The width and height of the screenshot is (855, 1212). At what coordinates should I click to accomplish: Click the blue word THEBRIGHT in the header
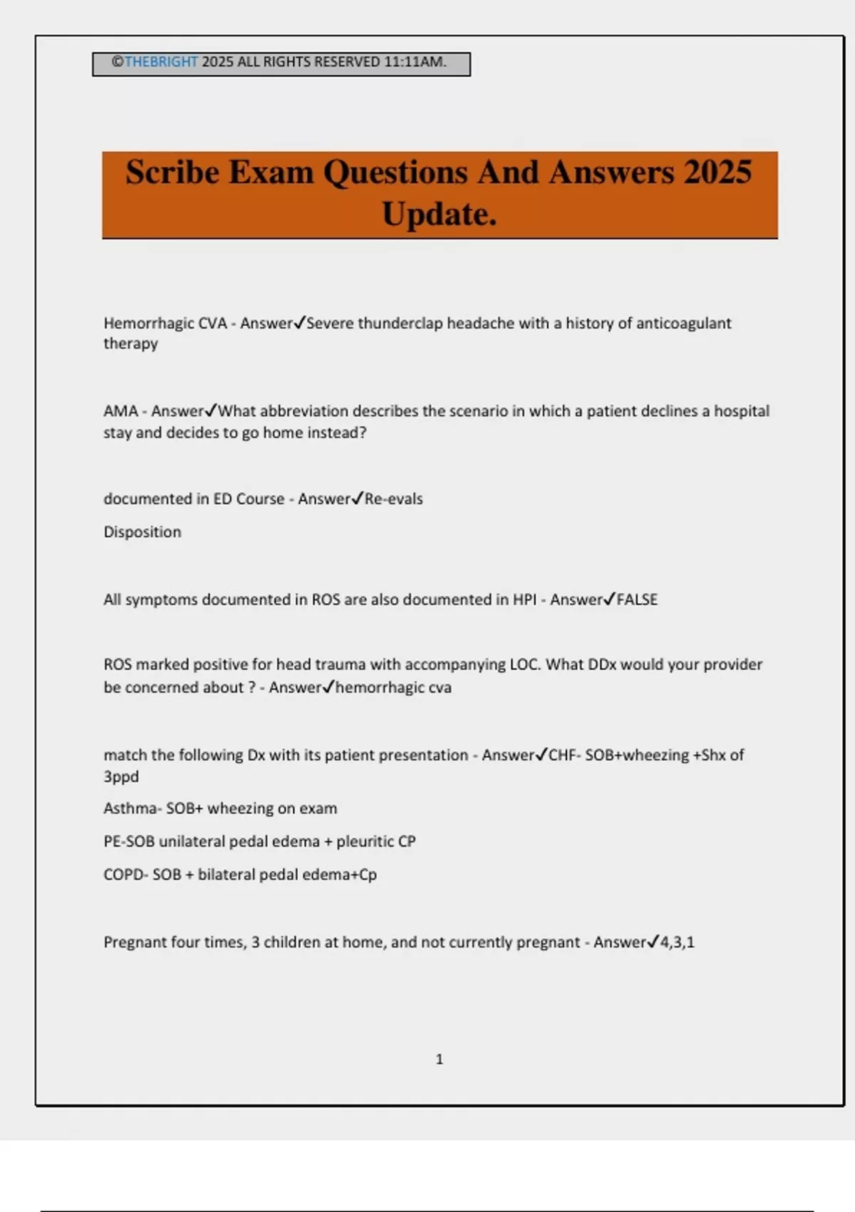[161, 62]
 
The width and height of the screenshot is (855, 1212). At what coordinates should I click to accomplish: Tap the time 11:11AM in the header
[415, 62]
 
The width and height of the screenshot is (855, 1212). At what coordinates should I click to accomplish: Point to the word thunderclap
[400, 324]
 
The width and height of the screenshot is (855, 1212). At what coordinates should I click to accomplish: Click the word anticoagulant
[683, 324]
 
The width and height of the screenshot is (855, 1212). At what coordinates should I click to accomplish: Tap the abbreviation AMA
[120, 411]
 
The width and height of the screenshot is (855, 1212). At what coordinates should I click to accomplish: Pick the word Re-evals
[394, 499]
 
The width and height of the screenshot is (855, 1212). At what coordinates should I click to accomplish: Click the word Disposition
[142, 532]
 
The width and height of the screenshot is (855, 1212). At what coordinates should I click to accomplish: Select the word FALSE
[637, 600]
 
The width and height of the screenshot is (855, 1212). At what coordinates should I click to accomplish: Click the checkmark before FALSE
[609, 599]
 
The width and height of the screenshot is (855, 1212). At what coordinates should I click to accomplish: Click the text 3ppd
[121, 776]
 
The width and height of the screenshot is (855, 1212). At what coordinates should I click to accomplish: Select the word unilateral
[192, 841]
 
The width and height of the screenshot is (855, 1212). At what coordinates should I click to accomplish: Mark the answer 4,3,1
[677, 943]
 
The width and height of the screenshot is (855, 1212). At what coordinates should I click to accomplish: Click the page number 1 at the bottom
[439, 1059]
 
